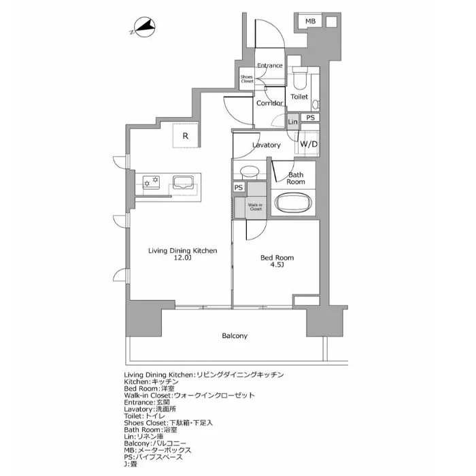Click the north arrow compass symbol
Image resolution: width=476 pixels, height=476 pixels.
[143, 29]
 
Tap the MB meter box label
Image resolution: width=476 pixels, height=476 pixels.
[310, 22]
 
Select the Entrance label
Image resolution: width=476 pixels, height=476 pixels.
[270, 66]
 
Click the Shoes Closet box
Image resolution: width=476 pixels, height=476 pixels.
[247, 79]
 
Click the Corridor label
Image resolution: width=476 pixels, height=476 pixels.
[269, 103]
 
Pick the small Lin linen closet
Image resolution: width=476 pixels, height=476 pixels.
[293, 121]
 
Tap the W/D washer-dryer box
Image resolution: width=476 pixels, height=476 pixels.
[307, 144]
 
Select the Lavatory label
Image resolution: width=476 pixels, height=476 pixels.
[266, 145]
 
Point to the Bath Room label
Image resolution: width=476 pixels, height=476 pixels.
[295, 178]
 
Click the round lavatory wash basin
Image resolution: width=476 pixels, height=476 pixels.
[250, 171]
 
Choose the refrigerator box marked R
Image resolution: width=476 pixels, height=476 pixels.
[185, 135]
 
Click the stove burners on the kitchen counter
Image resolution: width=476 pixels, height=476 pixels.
[151, 182]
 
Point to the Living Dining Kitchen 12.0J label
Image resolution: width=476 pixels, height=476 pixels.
[182, 254]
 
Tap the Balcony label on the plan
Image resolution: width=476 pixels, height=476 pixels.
[234, 336]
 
